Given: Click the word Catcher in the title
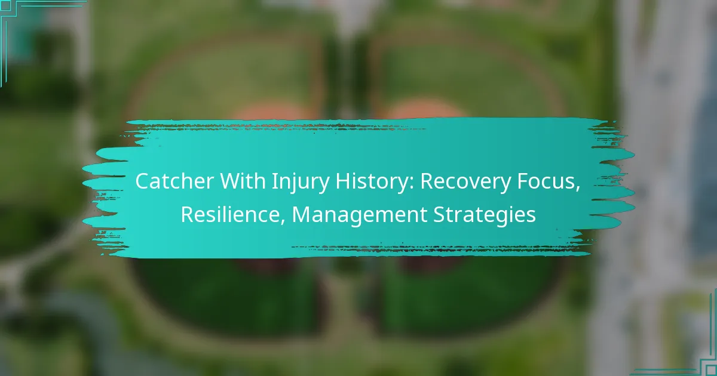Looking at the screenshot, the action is click(174, 181).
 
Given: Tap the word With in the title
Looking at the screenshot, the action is click(243, 181).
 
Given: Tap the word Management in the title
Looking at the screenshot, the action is click(359, 216).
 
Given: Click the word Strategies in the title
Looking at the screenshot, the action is click(485, 216).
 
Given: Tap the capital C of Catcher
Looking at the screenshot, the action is click(142, 181).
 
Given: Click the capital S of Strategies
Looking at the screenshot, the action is click(439, 214).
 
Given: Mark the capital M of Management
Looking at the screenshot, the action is click(301, 214).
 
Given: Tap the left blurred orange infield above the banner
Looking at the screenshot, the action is click(272, 110).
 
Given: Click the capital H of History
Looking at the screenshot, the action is click(342, 181).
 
